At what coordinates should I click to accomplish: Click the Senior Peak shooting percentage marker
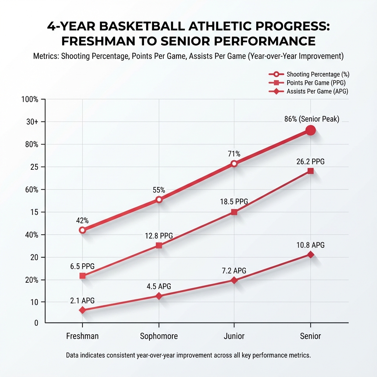tap(310, 130)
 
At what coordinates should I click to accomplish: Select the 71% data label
tap(234, 154)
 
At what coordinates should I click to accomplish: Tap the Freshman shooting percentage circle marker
tap(82, 230)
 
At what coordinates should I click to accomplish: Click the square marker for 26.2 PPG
tap(310, 171)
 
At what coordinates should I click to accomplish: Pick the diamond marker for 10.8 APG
tap(310, 254)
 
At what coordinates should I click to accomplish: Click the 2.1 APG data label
tap(82, 300)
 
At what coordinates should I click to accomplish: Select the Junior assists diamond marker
tap(234, 280)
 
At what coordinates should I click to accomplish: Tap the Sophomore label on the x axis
tap(159, 336)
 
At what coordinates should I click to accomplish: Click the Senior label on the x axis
tap(310, 336)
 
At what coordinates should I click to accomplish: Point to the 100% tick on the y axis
tap(31, 100)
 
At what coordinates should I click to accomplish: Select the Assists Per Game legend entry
tap(317, 92)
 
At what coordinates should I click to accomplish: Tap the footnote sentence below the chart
tap(188, 356)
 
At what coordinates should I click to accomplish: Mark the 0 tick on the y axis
tap(36, 323)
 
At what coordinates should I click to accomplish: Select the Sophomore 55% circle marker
tap(159, 200)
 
